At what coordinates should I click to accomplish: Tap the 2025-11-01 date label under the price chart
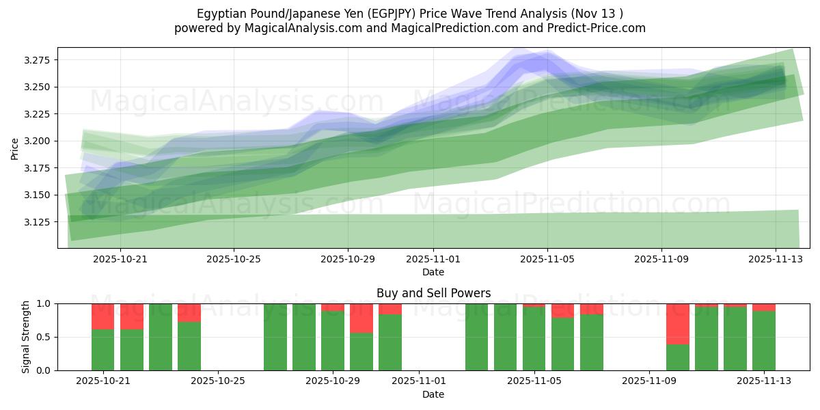pyautogui.click(x=433, y=260)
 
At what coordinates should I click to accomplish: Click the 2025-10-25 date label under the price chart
pyautogui.click(x=234, y=260)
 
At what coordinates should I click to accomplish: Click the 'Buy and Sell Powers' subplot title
pyautogui.click(x=433, y=293)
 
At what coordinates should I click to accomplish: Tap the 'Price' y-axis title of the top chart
pyautogui.click(x=16, y=148)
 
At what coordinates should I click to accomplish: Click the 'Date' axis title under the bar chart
pyautogui.click(x=433, y=394)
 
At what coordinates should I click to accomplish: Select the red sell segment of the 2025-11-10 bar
pyautogui.click(x=678, y=324)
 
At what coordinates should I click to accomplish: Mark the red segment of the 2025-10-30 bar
pyautogui.click(x=361, y=318)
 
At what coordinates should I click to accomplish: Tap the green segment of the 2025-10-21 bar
pyautogui.click(x=102, y=350)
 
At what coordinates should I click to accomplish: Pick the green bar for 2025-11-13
pyautogui.click(x=764, y=340)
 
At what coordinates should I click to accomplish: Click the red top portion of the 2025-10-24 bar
pyautogui.click(x=189, y=312)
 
